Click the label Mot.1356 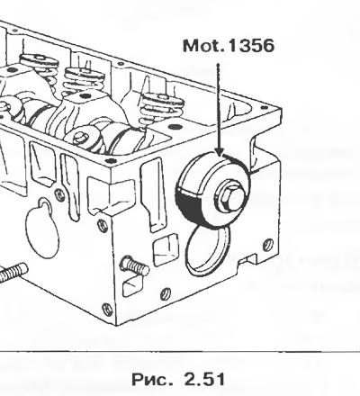pos(229,46)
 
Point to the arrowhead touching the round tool pos(220,151)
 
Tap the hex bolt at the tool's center pos(229,196)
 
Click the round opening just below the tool pos(208,250)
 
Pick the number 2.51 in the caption pos(204,379)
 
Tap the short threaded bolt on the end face pos(134,265)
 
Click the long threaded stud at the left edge pos(13,273)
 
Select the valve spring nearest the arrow pos(162,107)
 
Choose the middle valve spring pos(85,80)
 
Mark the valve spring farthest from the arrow pos(39,65)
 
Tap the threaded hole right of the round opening pos(268,245)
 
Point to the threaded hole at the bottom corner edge pos(107,309)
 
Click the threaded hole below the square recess pos(166,294)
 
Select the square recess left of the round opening pos(166,249)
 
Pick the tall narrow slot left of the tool pos(154,195)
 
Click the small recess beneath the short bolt pos(132,286)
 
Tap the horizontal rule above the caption pos(180,352)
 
